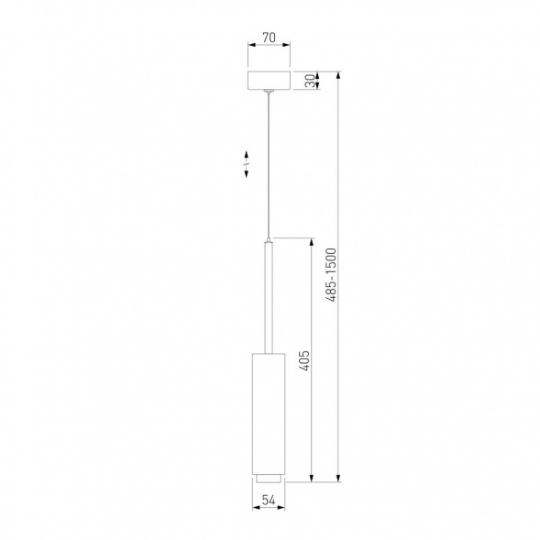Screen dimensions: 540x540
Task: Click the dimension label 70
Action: (269, 38)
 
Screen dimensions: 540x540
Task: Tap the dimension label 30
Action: (311, 81)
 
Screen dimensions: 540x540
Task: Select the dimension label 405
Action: (304, 360)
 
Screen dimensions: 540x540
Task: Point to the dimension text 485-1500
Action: (331, 275)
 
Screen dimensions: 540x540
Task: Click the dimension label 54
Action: (269, 500)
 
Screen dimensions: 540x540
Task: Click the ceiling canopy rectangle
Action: (269, 81)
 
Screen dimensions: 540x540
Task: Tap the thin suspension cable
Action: (269, 165)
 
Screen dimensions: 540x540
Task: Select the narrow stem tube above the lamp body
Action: (269, 298)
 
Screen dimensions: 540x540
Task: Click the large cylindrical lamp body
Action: (269, 413)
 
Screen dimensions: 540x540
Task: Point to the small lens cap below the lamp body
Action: (269, 478)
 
